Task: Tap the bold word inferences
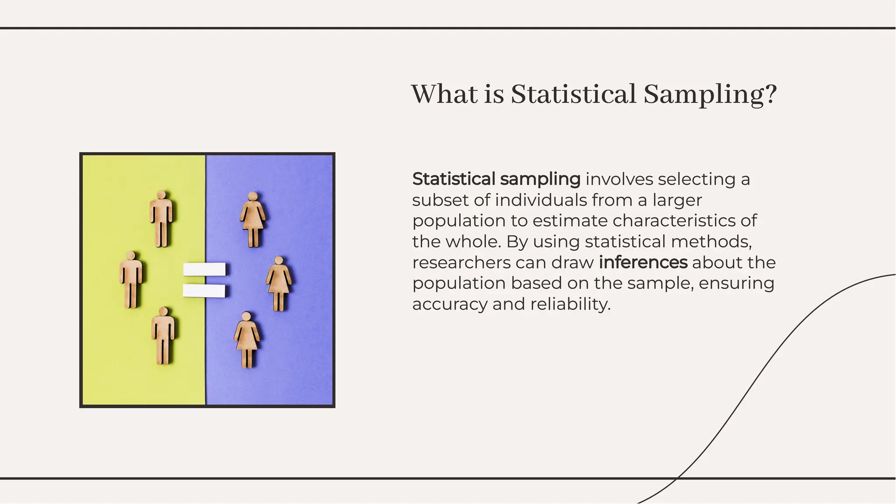(x=643, y=262)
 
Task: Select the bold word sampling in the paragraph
(x=540, y=179)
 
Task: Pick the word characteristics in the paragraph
(x=673, y=221)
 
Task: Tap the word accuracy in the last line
(x=449, y=304)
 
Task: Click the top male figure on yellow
(x=161, y=219)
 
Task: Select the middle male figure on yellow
(x=131, y=280)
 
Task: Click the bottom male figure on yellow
(x=163, y=336)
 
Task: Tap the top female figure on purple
(x=252, y=219)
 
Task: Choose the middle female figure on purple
(x=279, y=284)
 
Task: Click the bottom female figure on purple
(x=247, y=340)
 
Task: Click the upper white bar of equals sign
(x=204, y=269)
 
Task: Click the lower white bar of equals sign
(x=204, y=291)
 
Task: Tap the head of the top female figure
(x=252, y=196)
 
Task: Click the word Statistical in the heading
(x=573, y=94)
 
